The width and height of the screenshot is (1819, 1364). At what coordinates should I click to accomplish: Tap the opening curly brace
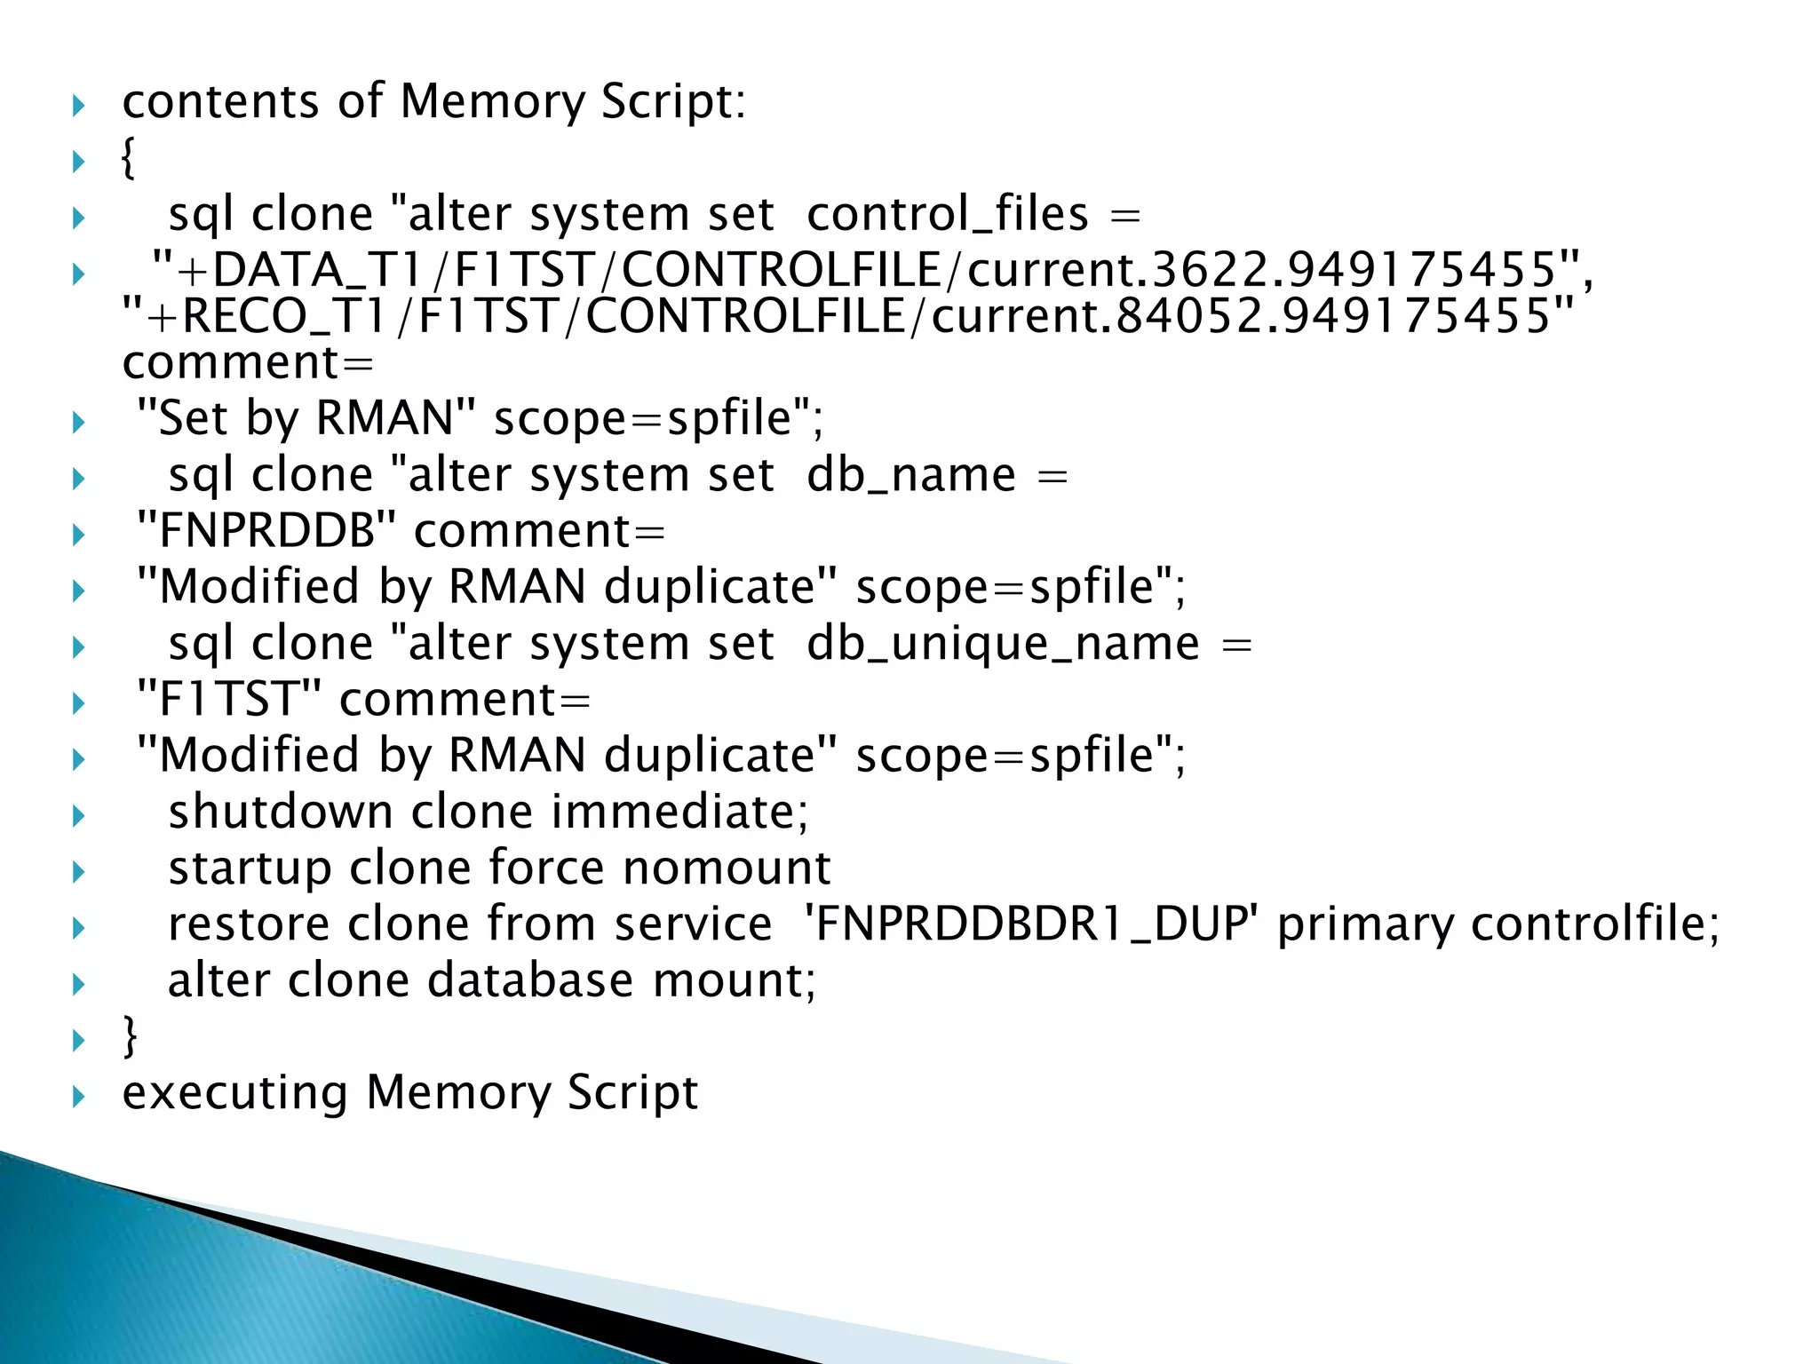tap(129, 160)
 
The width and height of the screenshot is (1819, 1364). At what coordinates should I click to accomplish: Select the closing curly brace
tap(131, 1035)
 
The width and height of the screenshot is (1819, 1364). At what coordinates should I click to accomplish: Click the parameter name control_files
tap(947, 216)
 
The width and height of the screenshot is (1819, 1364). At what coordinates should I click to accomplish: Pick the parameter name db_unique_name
tap(1003, 644)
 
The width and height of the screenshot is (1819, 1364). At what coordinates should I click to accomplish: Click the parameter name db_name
tap(910, 476)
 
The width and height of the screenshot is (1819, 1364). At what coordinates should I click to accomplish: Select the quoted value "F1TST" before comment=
tap(228, 700)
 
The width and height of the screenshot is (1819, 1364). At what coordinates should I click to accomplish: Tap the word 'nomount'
tap(727, 868)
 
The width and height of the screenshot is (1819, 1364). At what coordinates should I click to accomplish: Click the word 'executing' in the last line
tap(234, 1092)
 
